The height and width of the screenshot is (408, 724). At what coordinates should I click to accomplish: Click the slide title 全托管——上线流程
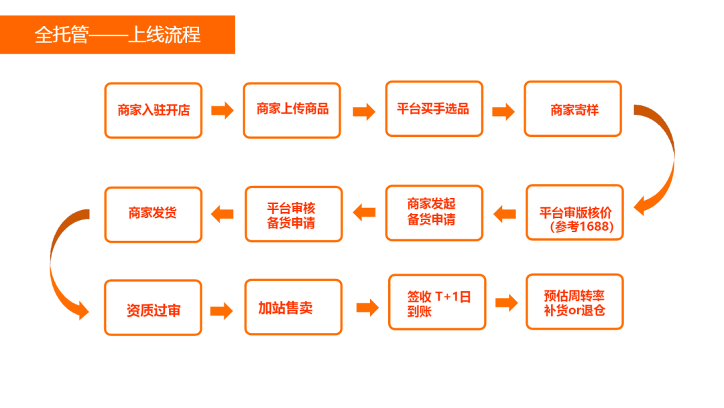click(117, 34)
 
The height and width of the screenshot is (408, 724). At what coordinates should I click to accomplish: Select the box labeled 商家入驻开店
click(153, 110)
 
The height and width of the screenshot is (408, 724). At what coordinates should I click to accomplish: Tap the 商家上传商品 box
click(292, 109)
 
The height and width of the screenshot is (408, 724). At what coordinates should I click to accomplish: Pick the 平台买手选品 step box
click(434, 109)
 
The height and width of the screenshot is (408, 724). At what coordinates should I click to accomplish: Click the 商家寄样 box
click(573, 109)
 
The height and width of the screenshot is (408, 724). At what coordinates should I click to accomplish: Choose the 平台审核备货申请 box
click(294, 214)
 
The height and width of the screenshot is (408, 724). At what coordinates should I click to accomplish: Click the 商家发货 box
click(153, 214)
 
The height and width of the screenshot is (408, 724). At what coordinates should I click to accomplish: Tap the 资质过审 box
click(153, 308)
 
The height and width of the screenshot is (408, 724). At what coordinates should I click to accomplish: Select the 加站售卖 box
click(293, 307)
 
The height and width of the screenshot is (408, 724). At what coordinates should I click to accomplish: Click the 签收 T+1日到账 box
click(437, 303)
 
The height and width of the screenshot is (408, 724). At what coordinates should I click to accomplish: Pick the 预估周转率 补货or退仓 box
click(575, 302)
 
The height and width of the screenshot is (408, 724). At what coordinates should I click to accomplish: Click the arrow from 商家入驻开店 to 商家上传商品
click(223, 111)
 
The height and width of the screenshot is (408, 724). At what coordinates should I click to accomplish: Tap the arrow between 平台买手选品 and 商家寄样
click(503, 111)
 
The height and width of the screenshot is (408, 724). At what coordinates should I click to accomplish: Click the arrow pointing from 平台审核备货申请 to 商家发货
click(223, 214)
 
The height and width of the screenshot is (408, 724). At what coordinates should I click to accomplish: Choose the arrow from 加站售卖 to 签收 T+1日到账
click(367, 307)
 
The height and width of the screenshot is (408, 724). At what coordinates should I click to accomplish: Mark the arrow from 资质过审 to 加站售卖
click(221, 311)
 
